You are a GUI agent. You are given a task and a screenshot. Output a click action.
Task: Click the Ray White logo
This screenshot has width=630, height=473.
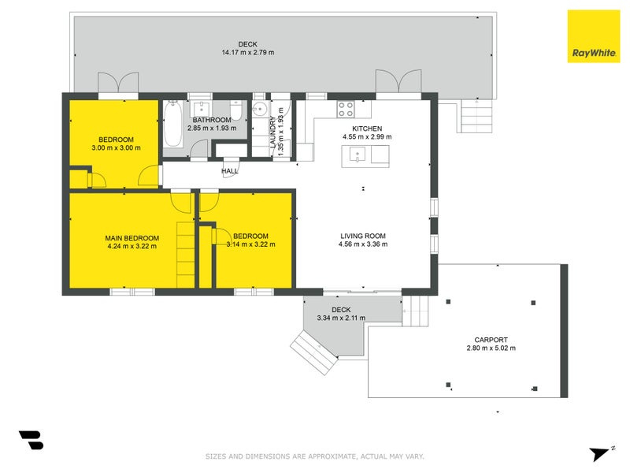tap(594, 36)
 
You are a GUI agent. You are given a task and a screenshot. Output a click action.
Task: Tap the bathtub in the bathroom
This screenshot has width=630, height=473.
tap(172, 124)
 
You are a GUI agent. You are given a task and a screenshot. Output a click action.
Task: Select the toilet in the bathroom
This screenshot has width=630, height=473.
tap(235, 110)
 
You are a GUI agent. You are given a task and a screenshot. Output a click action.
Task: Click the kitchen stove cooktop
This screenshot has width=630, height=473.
tap(346, 109)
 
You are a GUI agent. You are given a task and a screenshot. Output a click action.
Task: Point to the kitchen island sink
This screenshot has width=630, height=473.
tap(358, 155)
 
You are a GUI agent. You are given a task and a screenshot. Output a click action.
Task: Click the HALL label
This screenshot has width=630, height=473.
tap(230, 171)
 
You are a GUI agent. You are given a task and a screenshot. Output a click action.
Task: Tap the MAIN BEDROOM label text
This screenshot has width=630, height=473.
tap(132, 238)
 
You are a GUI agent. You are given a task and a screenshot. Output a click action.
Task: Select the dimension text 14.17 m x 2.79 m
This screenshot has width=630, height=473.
tap(248, 52)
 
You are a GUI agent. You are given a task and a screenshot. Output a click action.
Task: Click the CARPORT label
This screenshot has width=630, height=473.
tap(491, 340)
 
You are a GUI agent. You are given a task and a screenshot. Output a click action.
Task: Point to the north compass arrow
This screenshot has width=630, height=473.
tap(602, 453)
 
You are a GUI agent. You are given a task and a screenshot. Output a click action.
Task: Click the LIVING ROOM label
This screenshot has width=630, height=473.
tap(363, 236)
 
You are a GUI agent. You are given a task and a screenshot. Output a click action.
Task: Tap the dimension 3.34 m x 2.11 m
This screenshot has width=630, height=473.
tap(341, 318)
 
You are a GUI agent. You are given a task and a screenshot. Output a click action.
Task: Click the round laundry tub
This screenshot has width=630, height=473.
tap(260, 109)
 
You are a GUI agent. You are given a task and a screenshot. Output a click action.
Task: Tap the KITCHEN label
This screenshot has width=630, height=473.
tap(367, 128)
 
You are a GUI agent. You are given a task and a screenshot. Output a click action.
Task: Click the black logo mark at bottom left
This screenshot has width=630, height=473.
tap(31, 440)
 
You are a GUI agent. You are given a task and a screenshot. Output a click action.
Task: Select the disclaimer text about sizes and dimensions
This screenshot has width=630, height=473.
tap(314, 456)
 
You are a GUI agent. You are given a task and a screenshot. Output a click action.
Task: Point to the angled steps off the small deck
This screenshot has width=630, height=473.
tap(313, 352)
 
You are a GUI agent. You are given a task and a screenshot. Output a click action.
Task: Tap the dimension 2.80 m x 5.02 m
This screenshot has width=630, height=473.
tap(491, 348)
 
